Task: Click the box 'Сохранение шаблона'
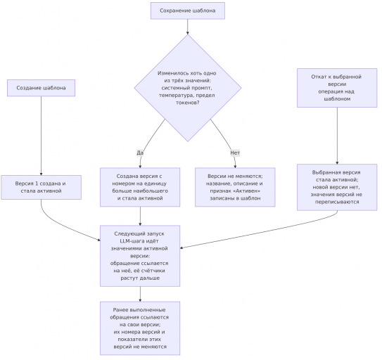point(188,11)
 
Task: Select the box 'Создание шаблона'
point(41,88)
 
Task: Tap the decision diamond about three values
point(188,88)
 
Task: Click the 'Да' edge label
point(140,153)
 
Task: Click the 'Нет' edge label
point(235,153)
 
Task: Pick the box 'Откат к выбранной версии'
point(337,88)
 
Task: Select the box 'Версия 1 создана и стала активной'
point(41,187)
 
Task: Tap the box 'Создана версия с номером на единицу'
point(140,187)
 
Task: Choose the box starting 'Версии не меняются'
point(235,187)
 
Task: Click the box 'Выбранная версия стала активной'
point(337,187)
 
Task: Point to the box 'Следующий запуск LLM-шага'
point(140,256)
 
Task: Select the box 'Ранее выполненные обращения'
point(140,328)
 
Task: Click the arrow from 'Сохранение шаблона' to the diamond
point(188,27)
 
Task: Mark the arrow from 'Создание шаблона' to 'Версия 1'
point(41,136)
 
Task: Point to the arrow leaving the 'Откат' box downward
point(337,136)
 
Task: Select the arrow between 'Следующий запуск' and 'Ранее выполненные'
point(140,294)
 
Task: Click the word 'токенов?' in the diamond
point(188,103)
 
